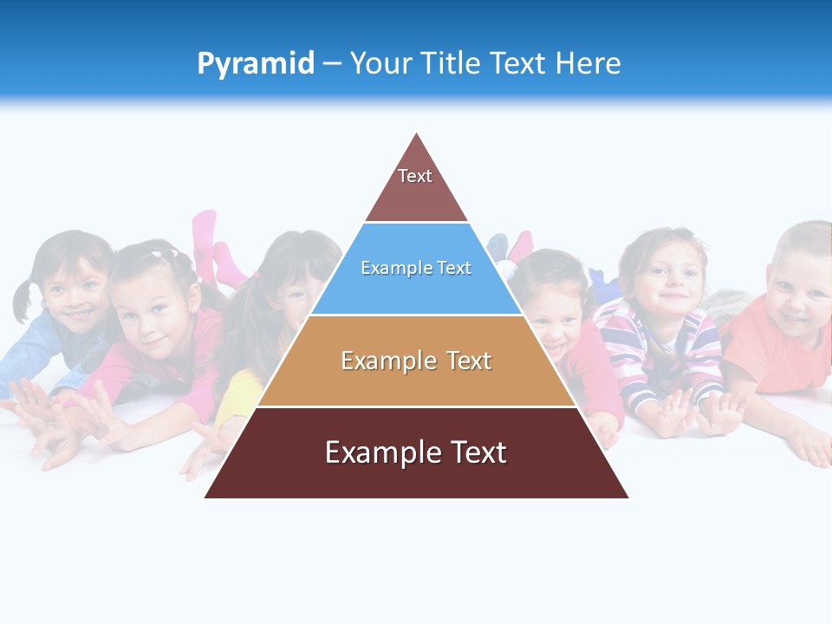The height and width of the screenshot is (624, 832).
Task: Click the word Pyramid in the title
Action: tap(255, 64)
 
